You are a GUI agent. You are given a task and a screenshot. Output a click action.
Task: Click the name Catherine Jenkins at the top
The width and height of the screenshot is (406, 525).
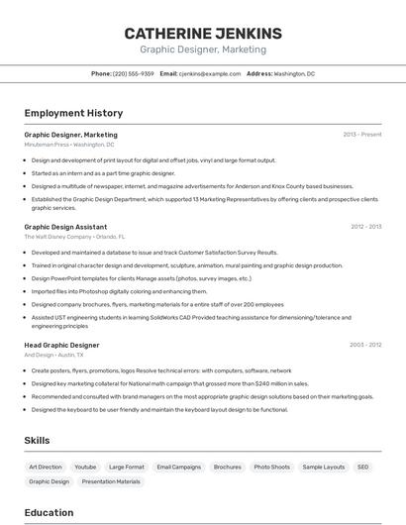(203, 33)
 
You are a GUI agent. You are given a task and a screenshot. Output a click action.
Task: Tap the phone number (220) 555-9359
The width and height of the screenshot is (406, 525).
(134, 73)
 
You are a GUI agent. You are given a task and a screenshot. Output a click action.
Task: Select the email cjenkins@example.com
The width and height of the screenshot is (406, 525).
(210, 73)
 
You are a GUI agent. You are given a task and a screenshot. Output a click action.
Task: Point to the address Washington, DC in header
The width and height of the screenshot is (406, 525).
(294, 73)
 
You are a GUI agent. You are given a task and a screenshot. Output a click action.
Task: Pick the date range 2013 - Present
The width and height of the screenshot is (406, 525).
(362, 134)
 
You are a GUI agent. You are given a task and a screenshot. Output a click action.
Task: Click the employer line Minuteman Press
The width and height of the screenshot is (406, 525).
(69, 144)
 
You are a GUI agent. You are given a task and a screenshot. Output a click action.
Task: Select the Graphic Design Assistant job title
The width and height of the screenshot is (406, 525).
(65, 226)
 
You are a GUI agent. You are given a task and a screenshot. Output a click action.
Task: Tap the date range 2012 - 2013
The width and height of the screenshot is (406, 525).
(364, 226)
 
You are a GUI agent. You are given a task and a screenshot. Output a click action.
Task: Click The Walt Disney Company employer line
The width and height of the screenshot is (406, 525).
(74, 237)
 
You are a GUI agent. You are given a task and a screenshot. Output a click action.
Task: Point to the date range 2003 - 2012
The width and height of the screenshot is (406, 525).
(364, 344)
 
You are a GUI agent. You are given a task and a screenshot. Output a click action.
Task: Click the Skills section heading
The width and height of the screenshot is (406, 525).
(38, 440)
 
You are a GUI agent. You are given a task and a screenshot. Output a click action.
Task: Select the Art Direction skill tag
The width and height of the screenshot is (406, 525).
(46, 467)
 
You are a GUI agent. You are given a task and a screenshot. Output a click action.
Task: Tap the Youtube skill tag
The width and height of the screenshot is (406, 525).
(85, 467)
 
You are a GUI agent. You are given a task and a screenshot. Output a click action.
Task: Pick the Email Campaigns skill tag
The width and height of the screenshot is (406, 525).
(178, 467)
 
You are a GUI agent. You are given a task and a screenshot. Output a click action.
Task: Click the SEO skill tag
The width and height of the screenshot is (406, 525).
(363, 467)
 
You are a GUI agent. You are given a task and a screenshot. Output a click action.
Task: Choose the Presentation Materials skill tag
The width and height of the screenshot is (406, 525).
(111, 481)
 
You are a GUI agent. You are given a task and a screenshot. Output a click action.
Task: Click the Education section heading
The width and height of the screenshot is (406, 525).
(49, 512)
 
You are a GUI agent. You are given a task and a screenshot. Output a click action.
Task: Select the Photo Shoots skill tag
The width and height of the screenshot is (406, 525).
(271, 467)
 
